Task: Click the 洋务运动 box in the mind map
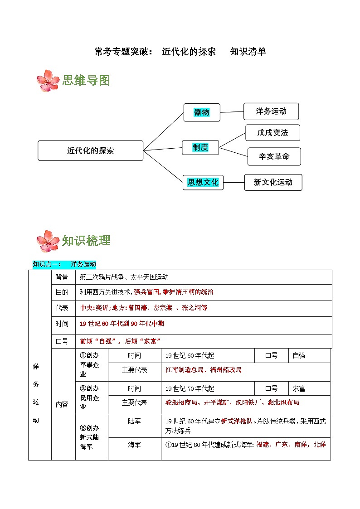click(271, 111)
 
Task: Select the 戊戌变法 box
click(272, 133)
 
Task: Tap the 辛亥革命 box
click(274, 156)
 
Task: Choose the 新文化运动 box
click(273, 182)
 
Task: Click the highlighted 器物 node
click(202, 112)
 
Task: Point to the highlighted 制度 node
click(200, 147)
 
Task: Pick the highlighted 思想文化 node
click(203, 182)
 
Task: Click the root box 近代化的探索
click(91, 150)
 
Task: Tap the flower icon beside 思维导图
click(47, 81)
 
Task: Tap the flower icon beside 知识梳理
click(47, 241)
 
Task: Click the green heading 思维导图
click(86, 81)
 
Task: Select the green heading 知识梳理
click(86, 241)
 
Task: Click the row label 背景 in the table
click(62, 277)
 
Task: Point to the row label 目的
click(62, 292)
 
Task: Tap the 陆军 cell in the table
click(134, 421)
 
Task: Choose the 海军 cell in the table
click(134, 445)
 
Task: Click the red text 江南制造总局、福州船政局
click(204, 370)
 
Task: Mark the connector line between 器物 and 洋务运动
click(232, 112)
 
